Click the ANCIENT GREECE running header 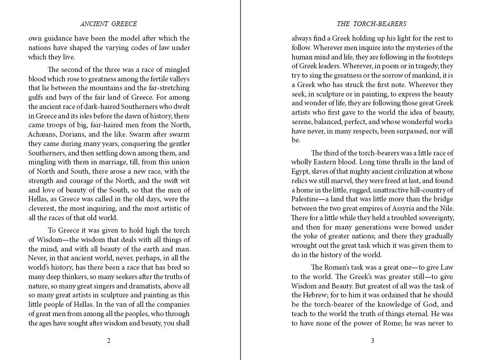[x=109, y=23]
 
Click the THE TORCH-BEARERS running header [x=371, y=23]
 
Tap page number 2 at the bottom [x=109, y=341]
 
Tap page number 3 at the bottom [x=372, y=341]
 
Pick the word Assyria [x=405, y=208]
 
